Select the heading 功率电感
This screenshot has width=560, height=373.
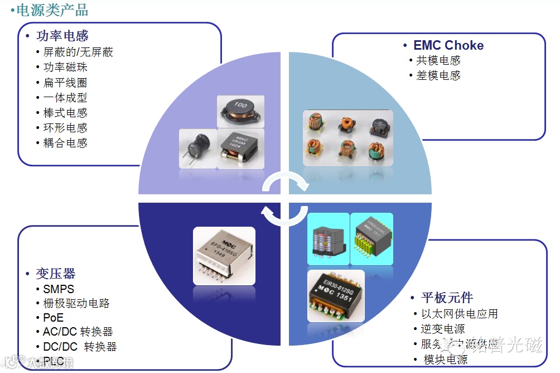pyautogui.click(x=62, y=36)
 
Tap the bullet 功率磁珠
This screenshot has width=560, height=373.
pyautogui.click(x=65, y=68)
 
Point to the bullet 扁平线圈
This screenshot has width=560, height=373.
pyautogui.click(x=65, y=83)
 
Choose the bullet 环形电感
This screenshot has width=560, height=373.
pyautogui.click(x=65, y=128)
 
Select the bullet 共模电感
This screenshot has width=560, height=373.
pyautogui.click(x=438, y=61)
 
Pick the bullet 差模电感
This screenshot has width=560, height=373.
pyautogui.click(x=438, y=76)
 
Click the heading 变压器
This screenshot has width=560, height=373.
pyautogui.click(x=55, y=274)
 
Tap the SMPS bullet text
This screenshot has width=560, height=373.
pyautogui.click(x=59, y=289)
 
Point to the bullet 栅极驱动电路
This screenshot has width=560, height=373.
pyautogui.click(x=76, y=303)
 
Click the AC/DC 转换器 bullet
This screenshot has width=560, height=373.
pyautogui.click(x=78, y=332)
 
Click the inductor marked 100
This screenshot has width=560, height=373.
pyautogui.click(x=240, y=111)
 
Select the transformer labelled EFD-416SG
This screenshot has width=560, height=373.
pyautogui.click(x=224, y=255)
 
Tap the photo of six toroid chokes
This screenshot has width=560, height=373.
pyautogui.click(x=347, y=137)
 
